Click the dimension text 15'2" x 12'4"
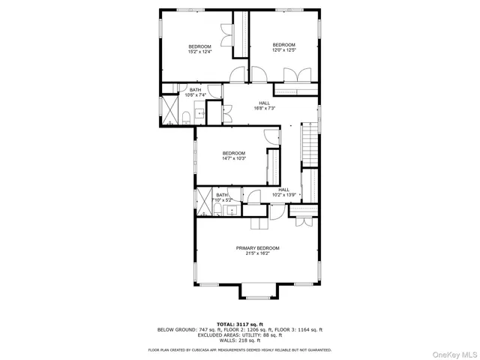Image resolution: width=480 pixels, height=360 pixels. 199,51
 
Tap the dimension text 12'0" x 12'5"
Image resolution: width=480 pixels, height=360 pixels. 284,49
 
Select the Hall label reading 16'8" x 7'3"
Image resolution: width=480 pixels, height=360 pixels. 264,108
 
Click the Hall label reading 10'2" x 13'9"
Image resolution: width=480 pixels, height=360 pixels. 284,194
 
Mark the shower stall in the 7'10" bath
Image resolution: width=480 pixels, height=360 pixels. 202,202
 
